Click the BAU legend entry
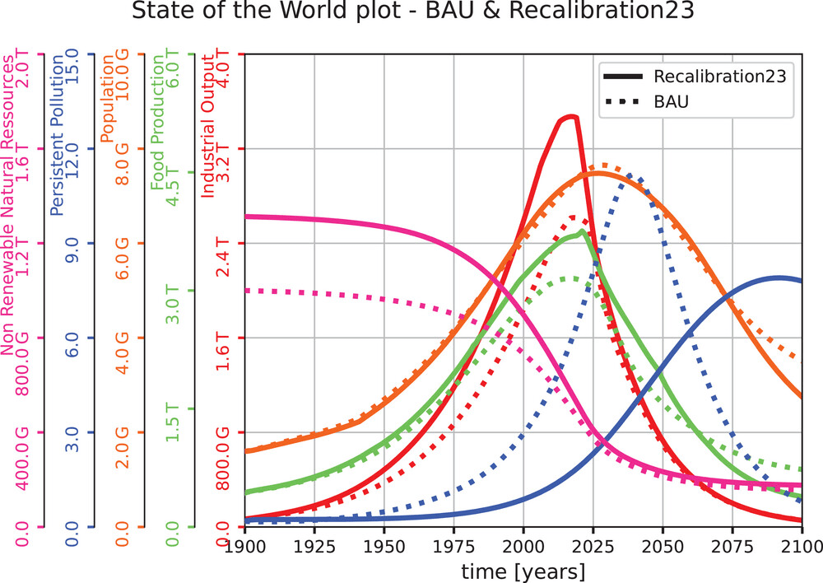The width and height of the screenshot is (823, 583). pos(671,103)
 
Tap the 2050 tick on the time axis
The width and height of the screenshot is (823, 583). pos(663,547)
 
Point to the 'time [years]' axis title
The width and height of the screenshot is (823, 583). pos(523,571)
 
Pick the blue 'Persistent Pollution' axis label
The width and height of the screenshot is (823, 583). pos(57,133)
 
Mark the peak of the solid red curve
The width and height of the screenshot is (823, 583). pos(569,117)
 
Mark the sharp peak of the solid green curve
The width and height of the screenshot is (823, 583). pos(582,231)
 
